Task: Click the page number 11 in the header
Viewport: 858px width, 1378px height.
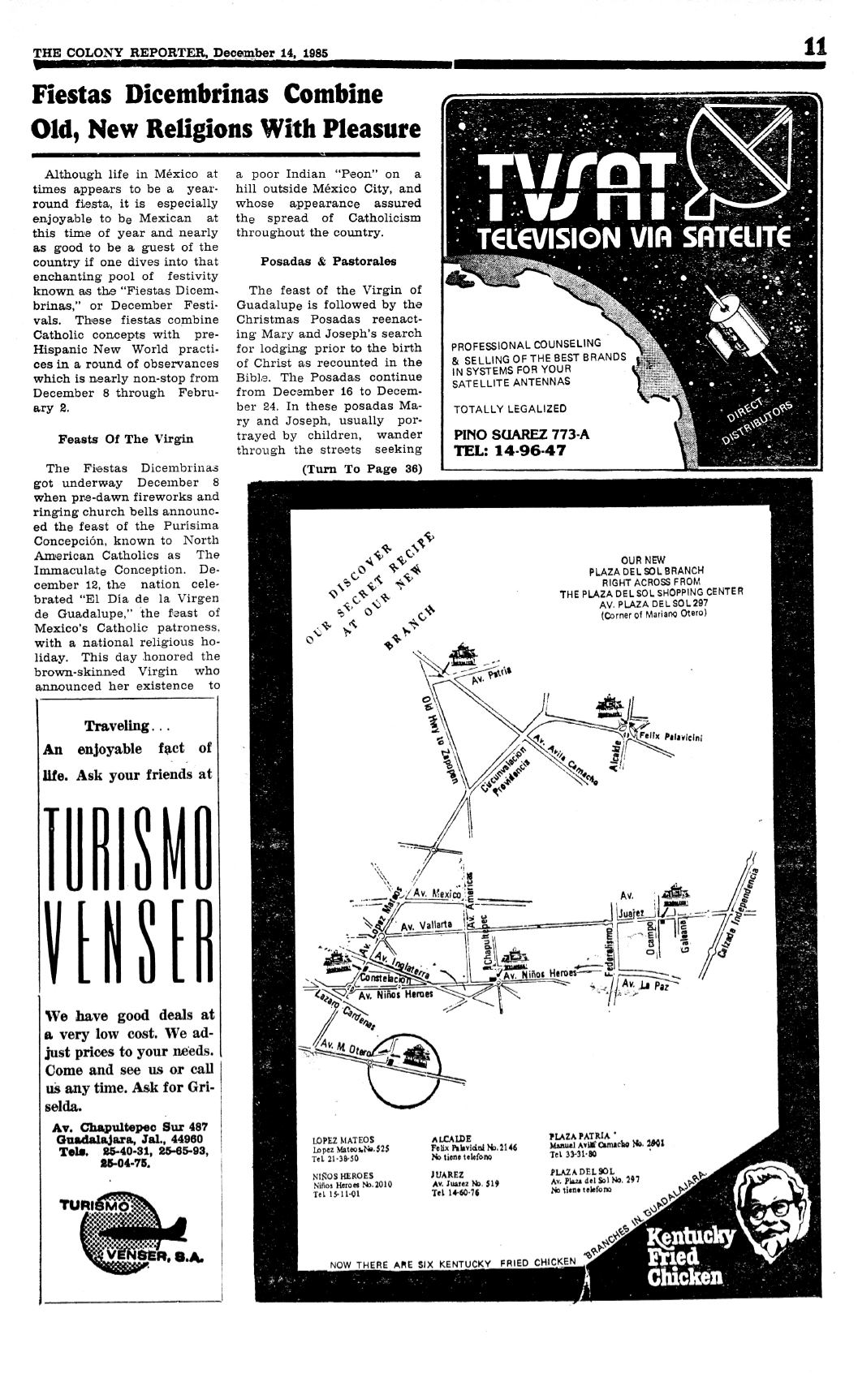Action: click(814, 46)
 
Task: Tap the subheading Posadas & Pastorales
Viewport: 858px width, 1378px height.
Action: click(328, 261)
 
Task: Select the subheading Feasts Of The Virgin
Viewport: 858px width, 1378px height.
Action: click(126, 439)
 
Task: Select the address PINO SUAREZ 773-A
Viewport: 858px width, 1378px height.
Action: click(521, 434)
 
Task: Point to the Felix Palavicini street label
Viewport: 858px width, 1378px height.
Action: click(670, 737)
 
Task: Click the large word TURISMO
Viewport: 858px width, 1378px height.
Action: click(127, 847)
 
